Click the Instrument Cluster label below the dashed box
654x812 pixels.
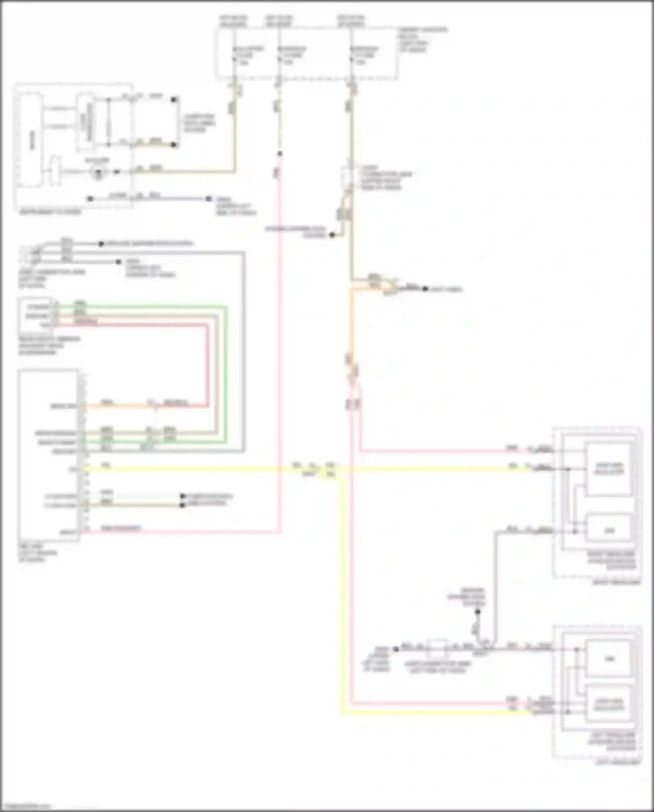coord(50,212)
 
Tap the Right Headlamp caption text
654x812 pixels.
coord(616,582)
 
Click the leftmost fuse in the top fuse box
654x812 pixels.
coord(235,55)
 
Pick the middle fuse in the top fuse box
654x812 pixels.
coord(279,55)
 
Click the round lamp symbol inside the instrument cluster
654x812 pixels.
coord(99,171)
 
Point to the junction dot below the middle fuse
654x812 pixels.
coord(279,154)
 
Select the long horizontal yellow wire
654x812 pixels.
coord(196,469)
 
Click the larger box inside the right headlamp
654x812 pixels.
coord(609,469)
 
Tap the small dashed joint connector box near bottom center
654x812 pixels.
coord(437,649)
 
